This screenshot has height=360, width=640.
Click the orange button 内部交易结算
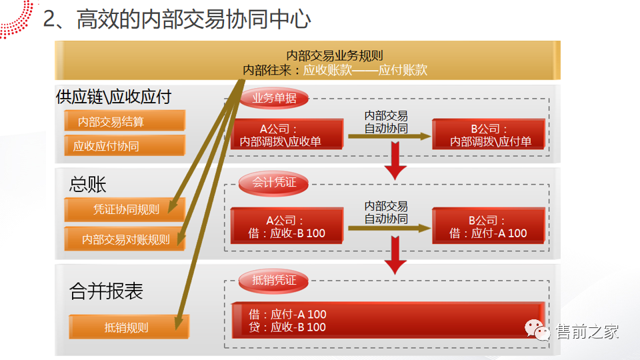click(x=125, y=121)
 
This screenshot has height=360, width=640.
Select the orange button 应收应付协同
click(x=125, y=145)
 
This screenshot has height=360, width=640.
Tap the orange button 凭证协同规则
click(x=125, y=209)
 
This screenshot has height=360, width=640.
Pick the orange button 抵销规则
click(x=129, y=327)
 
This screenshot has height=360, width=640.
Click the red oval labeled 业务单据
click(x=274, y=99)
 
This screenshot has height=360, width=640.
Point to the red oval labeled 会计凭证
click(x=274, y=182)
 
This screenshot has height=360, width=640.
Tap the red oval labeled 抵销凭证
click(x=274, y=280)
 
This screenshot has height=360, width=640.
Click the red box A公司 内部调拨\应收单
click(x=287, y=135)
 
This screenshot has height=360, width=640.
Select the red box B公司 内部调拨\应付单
click(x=489, y=135)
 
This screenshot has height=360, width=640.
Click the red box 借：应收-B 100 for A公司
click(x=287, y=226)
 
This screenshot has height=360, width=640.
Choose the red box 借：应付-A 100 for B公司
click(x=489, y=226)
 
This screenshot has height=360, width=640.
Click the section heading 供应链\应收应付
click(x=114, y=97)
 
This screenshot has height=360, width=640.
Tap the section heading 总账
click(x=88, y=183)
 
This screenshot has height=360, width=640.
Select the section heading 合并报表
click(x=107, y=291)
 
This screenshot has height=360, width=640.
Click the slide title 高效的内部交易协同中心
click(x=193, y=19)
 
